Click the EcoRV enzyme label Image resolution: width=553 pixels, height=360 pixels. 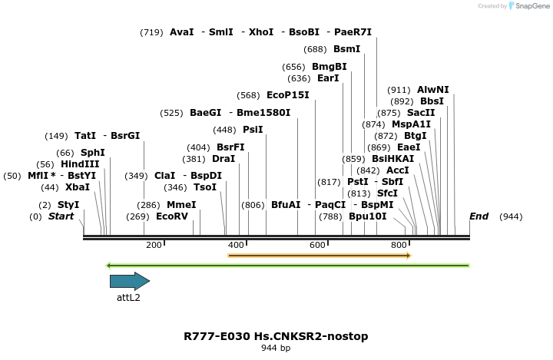click(172, 216)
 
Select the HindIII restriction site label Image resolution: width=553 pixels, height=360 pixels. click(80, 164)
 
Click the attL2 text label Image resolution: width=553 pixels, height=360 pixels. click(128, 297)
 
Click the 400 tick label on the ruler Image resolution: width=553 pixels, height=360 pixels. click(236, 245)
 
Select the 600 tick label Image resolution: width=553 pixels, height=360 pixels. click(317, 245)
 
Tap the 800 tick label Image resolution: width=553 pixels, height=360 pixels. click(399, 245)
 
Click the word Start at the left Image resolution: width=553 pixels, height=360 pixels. click(61, 216)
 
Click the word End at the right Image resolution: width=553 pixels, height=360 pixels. click(478, 216)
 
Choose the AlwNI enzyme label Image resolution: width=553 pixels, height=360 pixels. click(433, 90)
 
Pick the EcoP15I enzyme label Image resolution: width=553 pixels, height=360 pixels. click(288, 95)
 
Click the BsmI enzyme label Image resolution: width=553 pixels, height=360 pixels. click(346, 49)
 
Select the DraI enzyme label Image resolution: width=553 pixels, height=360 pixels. click(224, 159)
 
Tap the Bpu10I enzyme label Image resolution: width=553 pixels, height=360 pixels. click(368, 216)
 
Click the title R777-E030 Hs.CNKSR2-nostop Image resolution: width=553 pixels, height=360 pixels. click(276, 336)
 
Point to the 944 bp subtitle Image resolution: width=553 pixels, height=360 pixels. click(276, 348)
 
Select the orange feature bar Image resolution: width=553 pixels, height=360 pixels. click(320, 255)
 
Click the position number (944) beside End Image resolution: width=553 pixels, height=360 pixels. click(511, 216)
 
